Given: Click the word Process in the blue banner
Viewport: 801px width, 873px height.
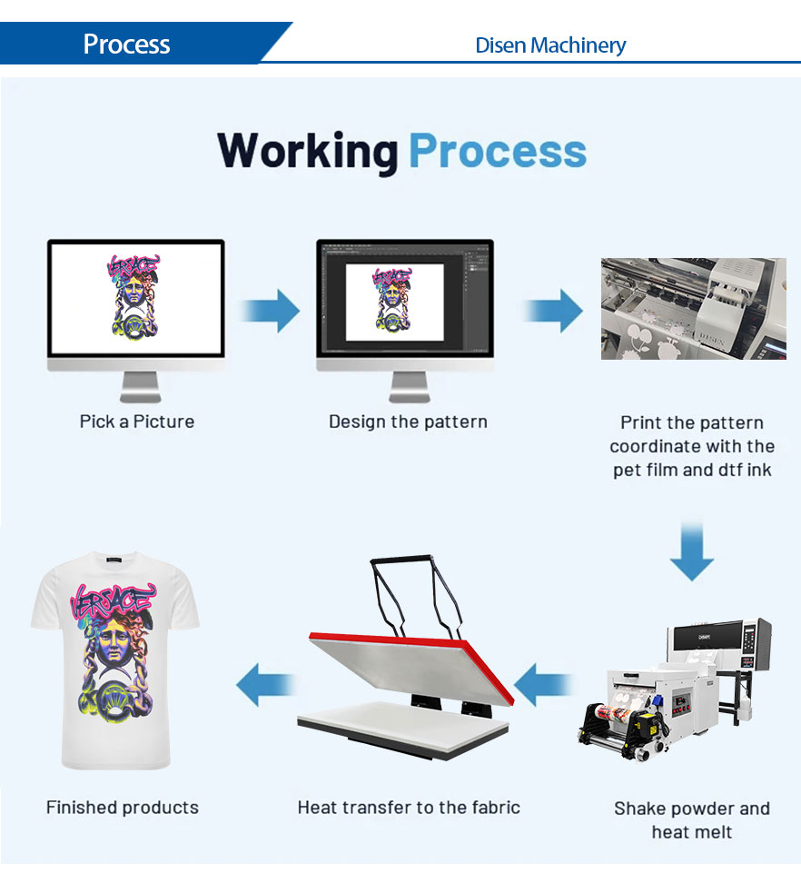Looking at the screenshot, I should (x=126, y=44).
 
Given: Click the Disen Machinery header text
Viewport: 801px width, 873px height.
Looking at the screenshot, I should (x=550, y=45).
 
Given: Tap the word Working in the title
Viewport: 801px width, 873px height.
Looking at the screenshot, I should (x=307, y=151).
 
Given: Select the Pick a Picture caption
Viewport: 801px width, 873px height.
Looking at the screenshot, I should (x=137, y=422).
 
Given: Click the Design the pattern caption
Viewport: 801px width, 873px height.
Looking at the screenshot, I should (x=408, y=422).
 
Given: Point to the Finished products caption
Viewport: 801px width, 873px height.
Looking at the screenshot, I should (x=123, y=807).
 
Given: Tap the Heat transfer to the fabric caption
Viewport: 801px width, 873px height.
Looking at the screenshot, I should (x=409, y=807).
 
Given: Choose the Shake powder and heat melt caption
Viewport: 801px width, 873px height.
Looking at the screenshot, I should (x=692, y=819).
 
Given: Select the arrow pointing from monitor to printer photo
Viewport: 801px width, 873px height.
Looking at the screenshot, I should (x=553, y=312).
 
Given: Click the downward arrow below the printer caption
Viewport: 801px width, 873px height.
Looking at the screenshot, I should (x=692, y=551).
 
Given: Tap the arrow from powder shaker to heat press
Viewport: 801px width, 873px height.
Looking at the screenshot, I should (x=543, y=684).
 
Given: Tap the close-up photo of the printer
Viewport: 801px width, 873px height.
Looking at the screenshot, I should (x=693, y=308).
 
